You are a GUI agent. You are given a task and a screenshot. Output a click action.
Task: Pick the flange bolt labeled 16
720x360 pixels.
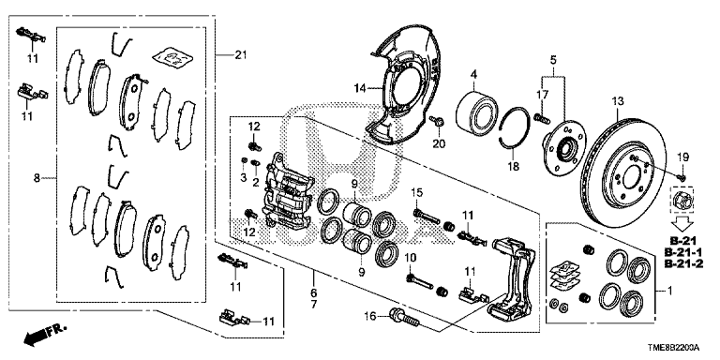click(404, 318)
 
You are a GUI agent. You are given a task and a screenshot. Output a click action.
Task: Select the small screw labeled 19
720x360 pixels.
click(681, 176)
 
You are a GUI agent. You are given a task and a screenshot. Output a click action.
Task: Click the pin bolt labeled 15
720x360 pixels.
click(427, 216)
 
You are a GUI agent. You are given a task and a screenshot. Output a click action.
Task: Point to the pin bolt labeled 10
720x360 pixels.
click(420, 281)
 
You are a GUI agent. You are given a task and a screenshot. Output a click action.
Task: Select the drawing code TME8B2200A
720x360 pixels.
click(674, 348)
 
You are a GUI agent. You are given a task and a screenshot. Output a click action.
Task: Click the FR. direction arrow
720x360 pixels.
click(45, 334)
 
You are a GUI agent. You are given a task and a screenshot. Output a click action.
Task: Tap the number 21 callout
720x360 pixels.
click(241, 55)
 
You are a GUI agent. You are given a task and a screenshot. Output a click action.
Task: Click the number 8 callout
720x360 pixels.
click(37, 178)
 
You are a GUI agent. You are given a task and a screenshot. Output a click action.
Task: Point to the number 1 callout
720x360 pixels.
click(669, 291)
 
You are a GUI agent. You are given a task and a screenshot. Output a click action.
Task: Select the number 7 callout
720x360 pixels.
click(314, 304)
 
